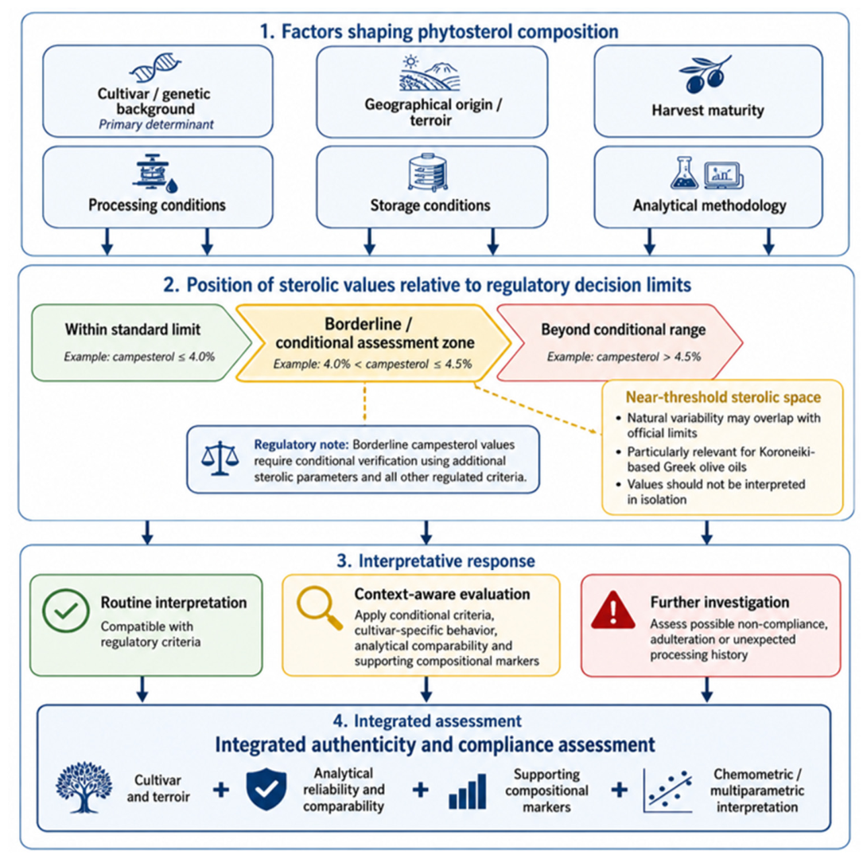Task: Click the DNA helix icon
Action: [155, 68]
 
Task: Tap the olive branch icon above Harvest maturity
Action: [706, 73]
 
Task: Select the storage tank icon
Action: [427, 172]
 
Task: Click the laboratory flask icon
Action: [685, 173]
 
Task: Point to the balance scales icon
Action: [220, 459]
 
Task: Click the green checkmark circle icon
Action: [66, 611]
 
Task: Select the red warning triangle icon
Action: [612, 610]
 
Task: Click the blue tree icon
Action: [84, 787]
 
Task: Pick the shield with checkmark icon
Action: [266, 789]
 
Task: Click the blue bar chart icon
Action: [467, 791]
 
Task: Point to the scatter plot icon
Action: [667, 791]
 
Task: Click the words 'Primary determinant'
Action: [156, 124]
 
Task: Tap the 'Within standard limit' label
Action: [133, 330]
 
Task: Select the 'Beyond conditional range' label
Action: [623, 330]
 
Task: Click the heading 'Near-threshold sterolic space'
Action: [723, 396]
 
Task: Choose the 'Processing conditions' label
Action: [157, 205]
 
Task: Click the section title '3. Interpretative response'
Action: [436, 560]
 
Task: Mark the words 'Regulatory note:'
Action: [301, 444]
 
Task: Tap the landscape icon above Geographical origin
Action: [430, 72]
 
